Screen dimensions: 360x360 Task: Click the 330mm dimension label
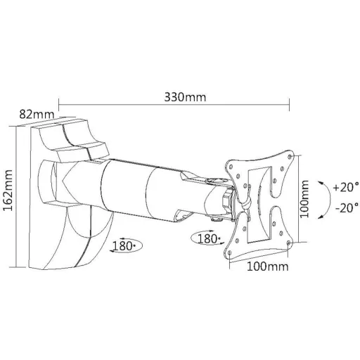[x=185, y=97]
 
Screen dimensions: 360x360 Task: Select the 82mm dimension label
[x=37, y=115]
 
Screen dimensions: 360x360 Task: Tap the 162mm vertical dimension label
[x=8, y=191]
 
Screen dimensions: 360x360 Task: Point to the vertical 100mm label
[x=304, y=199]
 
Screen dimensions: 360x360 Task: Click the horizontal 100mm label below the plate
[x=268, y=266]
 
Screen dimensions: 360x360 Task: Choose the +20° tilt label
[x=346, y=187]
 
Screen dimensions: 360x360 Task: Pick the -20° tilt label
[x=347, y=207]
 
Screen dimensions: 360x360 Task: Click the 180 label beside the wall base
[x=123, y=246]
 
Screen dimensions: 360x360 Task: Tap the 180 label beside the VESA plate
[x=208, y=239]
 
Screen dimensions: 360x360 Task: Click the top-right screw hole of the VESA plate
[x=291, y=156]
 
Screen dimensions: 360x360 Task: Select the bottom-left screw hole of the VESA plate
[x=230, y=252]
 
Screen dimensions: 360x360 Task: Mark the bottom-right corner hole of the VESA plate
[x=288, y=243]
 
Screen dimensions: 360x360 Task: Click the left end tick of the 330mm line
[x=58, y=105]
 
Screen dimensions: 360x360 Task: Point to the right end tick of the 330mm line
[x=290, y=105]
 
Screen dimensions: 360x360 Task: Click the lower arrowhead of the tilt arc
[x=321, y=217]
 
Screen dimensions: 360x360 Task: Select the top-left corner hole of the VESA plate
[x=231, y=167]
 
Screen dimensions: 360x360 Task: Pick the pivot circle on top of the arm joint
[x=215, y=181]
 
